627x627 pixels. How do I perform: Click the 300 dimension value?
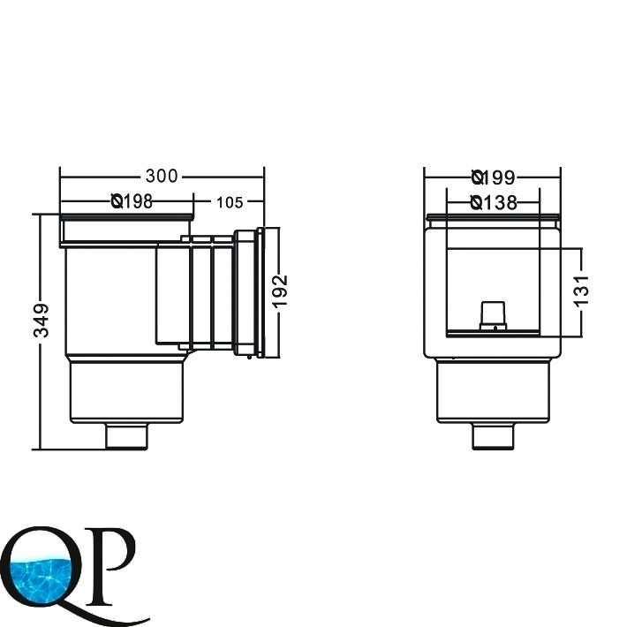point(162,176)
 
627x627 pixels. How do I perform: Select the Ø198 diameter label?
point(132,201)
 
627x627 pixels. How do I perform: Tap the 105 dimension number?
point(230,202)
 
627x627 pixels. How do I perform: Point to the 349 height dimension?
point(42,321)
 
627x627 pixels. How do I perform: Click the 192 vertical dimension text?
point(280,291)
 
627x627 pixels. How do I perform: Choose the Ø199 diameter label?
point(494,178)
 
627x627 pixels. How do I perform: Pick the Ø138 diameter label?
point(494,203)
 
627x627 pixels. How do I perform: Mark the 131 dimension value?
point(582,291)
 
